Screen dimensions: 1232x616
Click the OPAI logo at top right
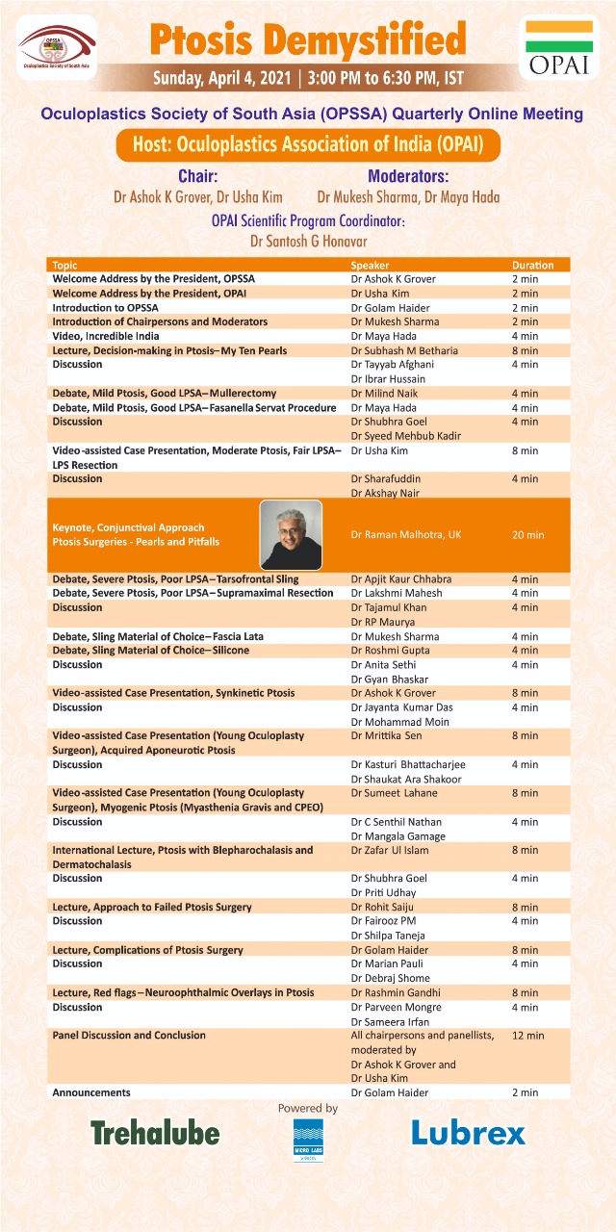pos(558,49)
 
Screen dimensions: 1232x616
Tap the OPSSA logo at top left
pos(57,47)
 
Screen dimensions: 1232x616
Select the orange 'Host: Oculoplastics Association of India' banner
pos(307,146)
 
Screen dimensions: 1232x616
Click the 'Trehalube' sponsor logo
pos(155,1132)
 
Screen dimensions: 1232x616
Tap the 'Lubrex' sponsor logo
pos(469,1133)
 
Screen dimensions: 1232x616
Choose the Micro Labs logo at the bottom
pos(308,1140)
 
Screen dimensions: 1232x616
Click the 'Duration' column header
pos(532,265)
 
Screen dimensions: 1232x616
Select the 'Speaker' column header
pos(370,265)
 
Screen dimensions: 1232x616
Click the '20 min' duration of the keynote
pos(528,535)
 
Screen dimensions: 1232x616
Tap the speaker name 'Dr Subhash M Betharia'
pos(404,350)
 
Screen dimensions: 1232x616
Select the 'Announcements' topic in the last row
pos(91,1092)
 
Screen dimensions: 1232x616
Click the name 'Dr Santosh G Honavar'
pos(307,240)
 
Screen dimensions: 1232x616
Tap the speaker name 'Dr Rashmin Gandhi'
pos(396,992)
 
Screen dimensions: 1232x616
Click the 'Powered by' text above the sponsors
pos(308,1109)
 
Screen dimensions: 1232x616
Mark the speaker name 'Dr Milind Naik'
pos(384,393)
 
